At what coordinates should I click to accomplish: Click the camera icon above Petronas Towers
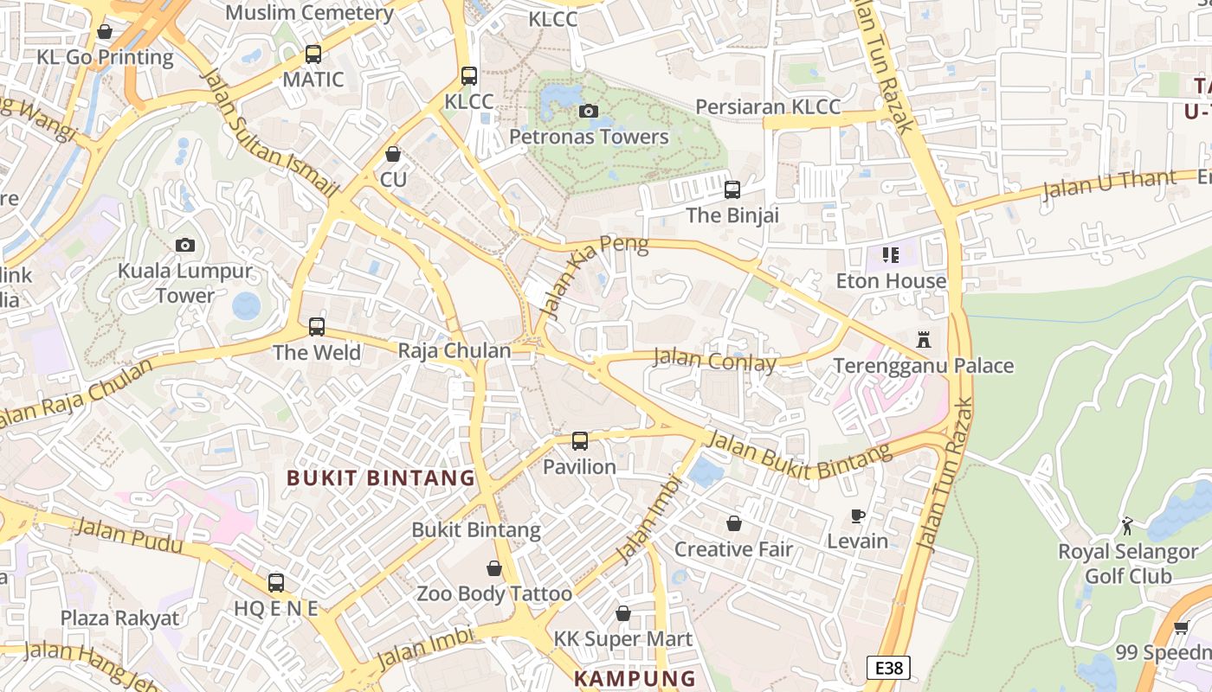click(x=589, y=111)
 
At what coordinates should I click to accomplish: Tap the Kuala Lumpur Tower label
click(x=185, y=283)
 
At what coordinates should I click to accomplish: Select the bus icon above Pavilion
click(x=580, y=441)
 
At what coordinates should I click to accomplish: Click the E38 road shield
click(x=888, y=668)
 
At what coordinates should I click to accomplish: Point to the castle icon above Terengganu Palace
click(x=924, y=340)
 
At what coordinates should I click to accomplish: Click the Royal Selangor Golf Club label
click(x=1128, y=564)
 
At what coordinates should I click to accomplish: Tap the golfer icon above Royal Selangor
click(x=1127, y=526)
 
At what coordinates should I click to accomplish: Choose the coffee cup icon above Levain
click(x=858, y=516)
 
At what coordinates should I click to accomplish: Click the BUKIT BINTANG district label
click(x=381, y=477)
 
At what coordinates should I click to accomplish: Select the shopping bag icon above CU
click(x=393, y=154)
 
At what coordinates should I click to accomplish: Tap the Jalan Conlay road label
click(x=714, y=359)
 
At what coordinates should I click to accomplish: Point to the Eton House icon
click(x=891, y=255)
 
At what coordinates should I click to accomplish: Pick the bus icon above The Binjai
click(x=732, y=189)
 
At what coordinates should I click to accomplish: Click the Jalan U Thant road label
click(x=1110, y=184)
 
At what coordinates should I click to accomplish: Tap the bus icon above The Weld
click(x=317, y=327)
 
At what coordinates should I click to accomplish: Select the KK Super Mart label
click(x=623, y=639)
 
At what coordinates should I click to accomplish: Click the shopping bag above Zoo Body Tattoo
click(x=494, y=568)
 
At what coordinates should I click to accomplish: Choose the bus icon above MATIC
click(x=313, y=54)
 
